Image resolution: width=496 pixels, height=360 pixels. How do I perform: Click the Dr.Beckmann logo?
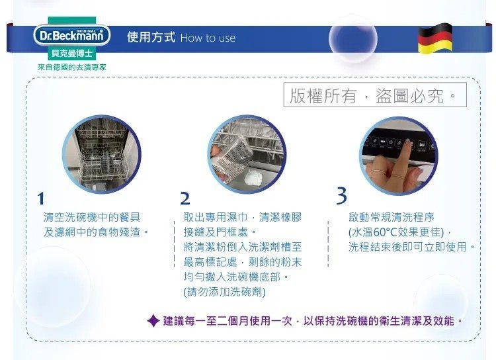click(72, 35)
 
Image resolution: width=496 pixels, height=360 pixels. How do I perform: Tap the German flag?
click(435, 38)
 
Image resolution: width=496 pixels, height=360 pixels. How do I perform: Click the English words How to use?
click(208, 38)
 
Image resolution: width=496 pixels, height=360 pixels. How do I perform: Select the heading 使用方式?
click(151, 37)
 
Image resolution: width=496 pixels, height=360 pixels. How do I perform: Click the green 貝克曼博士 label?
click(72, 53)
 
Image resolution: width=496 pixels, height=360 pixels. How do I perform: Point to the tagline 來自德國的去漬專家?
click(72, 67)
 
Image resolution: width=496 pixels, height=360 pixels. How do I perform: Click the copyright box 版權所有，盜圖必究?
click(375, 95)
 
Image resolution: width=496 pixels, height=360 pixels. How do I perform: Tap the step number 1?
click(41, 199)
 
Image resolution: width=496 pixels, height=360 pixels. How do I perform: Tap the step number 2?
click(185, 199)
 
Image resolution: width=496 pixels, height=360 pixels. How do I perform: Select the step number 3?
click(342, 196)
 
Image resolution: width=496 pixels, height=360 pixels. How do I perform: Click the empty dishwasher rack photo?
click(102, 154)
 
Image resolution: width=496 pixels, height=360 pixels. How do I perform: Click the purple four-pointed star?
click(153, 321)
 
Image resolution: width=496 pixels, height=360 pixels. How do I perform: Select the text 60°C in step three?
click(385, 232)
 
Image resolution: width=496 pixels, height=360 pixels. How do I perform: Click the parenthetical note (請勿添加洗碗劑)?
click(225, 292)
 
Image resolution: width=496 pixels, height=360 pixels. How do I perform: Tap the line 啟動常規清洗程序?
click(392, 217)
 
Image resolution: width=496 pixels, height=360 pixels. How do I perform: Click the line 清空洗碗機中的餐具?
click(92, 217)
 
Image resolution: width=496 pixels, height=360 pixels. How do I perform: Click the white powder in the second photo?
click(254, 177)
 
